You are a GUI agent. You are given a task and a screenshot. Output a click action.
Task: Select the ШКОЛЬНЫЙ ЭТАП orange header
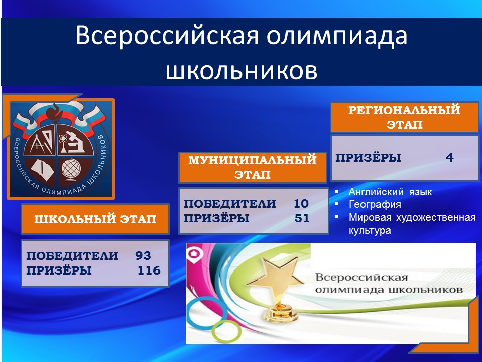click(x=95, y=219)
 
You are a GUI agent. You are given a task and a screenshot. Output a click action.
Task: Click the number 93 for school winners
click(x=143, y=256)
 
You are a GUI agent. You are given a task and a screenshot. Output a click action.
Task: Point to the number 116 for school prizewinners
click(x=149, y=270)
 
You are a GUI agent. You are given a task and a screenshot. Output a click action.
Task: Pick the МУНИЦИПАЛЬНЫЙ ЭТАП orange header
click(x=253, y=167)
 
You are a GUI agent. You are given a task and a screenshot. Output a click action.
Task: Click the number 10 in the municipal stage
click(x=301, y=204)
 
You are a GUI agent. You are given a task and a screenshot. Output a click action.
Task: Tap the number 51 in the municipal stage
click(x=302, y=218)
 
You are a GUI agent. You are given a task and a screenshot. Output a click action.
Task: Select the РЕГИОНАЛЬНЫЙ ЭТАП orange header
click(x=405, y=117)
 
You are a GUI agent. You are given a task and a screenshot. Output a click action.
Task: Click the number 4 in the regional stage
click(x=450, y=158)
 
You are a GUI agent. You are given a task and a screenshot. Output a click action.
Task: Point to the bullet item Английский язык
click(x=390, y=192)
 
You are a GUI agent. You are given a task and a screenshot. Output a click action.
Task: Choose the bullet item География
click(x=375, y=205)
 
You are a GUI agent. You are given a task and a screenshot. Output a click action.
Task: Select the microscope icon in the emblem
click(x=75, y=142)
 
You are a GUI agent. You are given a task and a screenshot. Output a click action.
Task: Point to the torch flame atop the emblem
click(x=56, y=110)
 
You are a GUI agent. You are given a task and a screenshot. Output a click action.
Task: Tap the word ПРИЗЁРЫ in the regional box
click(x=368, y=158)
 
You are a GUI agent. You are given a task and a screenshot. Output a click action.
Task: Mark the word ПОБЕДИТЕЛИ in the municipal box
click(x=229, y=204)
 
